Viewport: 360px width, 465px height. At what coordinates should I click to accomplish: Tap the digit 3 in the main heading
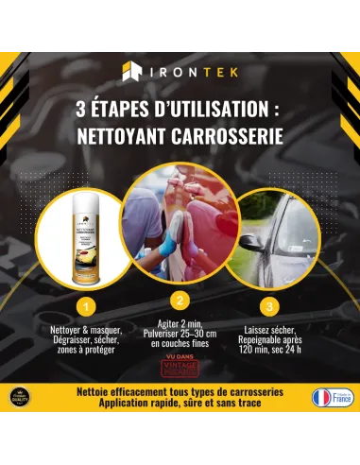click(80, 110)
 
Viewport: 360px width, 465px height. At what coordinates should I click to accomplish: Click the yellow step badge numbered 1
click(85, 305)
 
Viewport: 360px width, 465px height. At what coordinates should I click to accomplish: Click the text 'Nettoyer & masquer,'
click(84, 326)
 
